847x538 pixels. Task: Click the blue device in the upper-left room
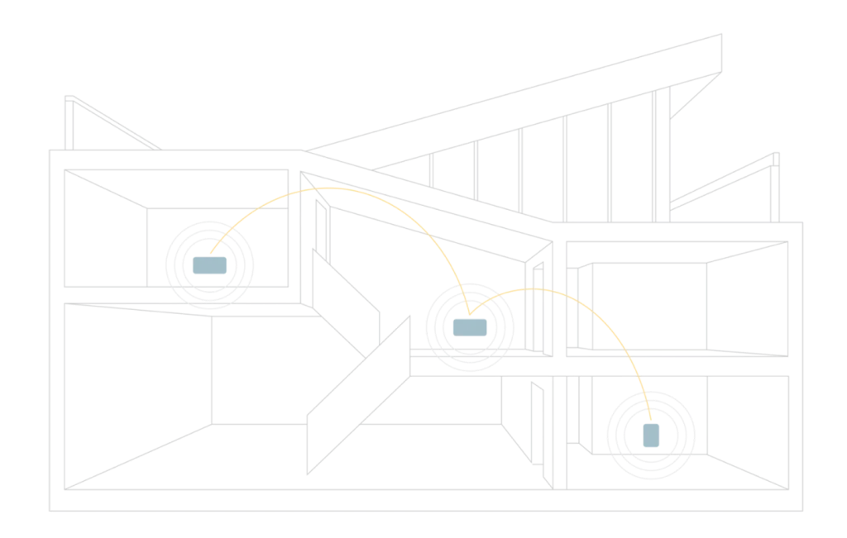click(211, 266)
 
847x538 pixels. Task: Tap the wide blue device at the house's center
click(469, 328)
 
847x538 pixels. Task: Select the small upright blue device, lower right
click(652, 436)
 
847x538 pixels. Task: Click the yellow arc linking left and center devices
click(331, 188)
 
